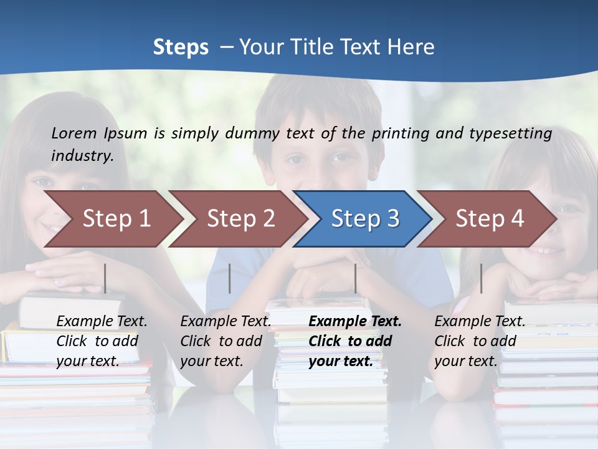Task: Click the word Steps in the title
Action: (181, 47)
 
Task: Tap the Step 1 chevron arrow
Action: (116, 219)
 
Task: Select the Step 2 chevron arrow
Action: (240, 219)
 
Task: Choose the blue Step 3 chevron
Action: (365, 219)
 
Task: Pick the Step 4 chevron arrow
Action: (490, 219)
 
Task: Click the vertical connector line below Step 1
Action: (105, 278)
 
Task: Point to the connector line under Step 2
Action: (230, 278)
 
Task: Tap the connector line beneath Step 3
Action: (355, 278)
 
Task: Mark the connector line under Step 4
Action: (481, 278)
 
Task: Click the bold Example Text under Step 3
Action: (355, 322)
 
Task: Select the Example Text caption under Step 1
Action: (102, 322)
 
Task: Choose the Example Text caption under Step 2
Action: (225, 322)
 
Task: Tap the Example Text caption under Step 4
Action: (480, 322)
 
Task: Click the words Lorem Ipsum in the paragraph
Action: (99, 133)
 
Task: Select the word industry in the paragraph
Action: (82, 156)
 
